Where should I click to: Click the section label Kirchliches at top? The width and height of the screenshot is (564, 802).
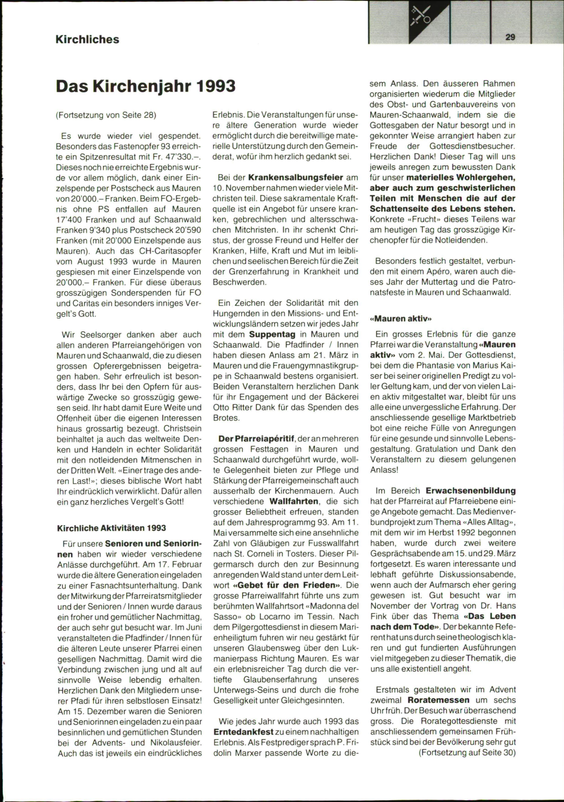pos(87,39)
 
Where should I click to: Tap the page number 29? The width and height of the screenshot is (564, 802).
pos(511,38)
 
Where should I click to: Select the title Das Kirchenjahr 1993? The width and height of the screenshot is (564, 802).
pos(146,86)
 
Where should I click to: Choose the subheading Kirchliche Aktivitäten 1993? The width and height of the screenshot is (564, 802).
pos(111,528)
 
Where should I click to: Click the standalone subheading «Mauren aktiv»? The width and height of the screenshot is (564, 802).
pos(401,319)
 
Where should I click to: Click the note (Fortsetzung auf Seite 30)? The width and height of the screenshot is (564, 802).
pos(467,752)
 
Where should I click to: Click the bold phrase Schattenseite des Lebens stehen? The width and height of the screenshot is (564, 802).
pos(442,209)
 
